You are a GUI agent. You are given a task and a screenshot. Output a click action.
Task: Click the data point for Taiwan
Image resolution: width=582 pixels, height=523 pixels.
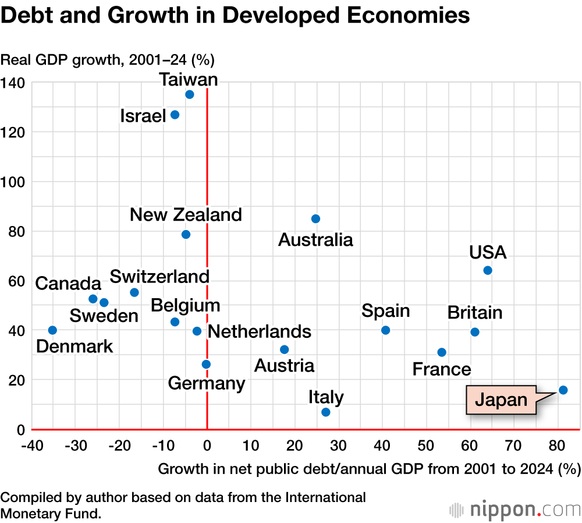click(x=189, y=94)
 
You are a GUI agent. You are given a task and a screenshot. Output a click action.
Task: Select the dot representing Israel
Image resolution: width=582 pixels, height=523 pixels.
click(x=175, y=115)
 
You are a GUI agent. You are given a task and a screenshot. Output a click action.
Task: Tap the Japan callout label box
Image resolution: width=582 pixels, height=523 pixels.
click(x=501, y=400)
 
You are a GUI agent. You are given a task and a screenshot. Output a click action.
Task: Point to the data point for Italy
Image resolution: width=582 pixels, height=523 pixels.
click(x=325, y=412)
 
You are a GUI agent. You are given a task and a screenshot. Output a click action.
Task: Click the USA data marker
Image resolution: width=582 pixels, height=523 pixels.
click(x=488, y=270)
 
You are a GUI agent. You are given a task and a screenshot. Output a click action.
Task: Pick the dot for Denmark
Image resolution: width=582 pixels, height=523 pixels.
click(x=52, y=330)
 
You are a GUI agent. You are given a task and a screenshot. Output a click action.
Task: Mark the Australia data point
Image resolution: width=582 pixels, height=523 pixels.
click(x=315, y=219)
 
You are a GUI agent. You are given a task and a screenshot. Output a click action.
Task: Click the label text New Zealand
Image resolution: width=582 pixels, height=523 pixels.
click(x=186, y=214)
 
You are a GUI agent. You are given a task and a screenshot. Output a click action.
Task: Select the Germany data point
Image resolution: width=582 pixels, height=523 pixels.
click(x=206, y=365)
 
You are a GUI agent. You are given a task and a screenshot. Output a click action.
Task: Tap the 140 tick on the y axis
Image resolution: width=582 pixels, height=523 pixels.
click(x=12, y=83)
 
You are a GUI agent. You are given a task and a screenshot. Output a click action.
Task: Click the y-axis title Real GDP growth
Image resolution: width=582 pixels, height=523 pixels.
click(x=108, y=59)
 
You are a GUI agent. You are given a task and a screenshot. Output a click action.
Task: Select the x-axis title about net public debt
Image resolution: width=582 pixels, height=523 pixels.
click(x=369, y=468)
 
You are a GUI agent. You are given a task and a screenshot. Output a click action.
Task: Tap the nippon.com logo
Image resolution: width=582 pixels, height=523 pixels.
click(x=514, y=510)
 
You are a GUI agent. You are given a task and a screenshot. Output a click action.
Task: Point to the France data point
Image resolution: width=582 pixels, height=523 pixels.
click(x=442, y=352)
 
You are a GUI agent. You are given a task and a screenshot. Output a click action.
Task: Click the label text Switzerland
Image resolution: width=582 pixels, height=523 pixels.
click(x=159, y=276)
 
